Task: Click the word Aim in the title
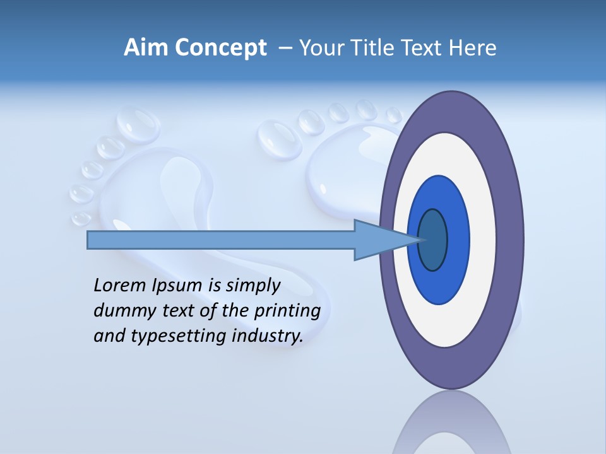[146, 47]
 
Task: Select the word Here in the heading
[472, 47]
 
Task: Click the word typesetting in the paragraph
[179, 336]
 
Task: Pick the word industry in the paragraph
[268, 335]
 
